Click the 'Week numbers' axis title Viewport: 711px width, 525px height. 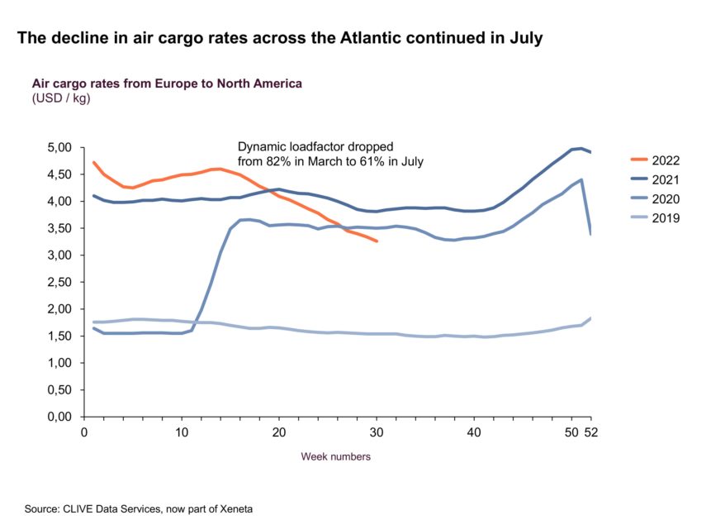tap(335, 456)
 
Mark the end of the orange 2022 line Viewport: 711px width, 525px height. tap(377, 241)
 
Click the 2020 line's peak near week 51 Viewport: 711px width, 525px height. tap(581, 179)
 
